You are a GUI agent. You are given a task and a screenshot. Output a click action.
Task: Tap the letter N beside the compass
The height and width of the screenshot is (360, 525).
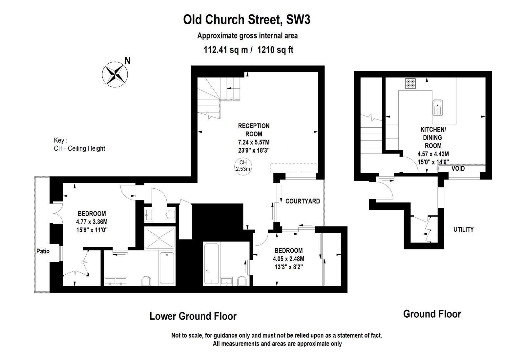(x=128, y=61)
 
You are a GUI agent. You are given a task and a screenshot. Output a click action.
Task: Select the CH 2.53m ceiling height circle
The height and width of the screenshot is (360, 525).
(x=243, y=166)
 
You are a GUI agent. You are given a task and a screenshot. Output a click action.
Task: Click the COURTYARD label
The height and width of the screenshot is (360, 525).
(x=303, y=201)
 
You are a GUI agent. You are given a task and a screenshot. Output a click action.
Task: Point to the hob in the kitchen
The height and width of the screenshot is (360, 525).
(x=410, y=83)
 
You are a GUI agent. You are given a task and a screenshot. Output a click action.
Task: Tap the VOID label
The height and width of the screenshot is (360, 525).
(x=458, y=169)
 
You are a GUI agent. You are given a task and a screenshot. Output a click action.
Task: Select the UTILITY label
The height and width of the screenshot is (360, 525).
(x=463, y=229)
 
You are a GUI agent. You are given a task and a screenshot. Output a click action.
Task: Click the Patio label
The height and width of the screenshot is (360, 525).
(x=43, y=251)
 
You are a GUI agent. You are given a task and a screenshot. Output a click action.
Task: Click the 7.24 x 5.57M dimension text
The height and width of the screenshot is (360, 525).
(x=254, y=142)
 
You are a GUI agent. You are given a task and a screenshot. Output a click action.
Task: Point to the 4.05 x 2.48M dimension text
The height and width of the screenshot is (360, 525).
(x=288, y=259)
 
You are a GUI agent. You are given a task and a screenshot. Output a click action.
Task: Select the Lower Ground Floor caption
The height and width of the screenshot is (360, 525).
(x=193, y=316)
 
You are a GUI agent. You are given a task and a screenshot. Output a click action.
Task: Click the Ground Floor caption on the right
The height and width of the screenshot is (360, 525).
(x=432, y=314)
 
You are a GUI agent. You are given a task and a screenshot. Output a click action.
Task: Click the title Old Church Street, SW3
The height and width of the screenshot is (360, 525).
(x=246, y=20)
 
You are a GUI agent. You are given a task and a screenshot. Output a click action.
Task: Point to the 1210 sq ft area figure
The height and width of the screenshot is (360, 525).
(x=275, y=50)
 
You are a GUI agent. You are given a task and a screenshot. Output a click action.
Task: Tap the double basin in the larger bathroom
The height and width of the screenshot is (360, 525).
(x=115, y=281)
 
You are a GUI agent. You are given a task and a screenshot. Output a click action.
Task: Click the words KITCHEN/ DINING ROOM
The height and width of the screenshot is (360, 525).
(x=433, y=138)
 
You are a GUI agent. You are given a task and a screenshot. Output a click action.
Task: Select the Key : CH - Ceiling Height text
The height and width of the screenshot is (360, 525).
(x=79, y=144)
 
